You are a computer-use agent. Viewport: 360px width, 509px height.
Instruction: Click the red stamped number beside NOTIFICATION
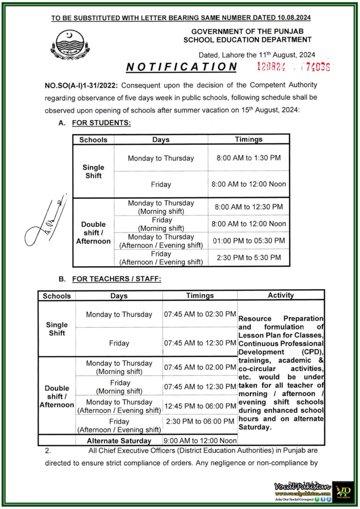tap(293, 67)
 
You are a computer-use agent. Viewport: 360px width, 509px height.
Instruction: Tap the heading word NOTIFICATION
tap(182, 67)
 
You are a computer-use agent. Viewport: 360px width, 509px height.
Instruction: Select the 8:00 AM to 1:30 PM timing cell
tap(248, 158)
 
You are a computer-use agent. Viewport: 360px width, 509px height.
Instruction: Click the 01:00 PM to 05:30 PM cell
tap(248, 241)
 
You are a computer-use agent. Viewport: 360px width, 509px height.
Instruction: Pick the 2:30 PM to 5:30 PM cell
tap(248, 257)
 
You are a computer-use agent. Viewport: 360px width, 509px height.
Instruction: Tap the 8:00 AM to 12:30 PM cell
tap(248, 207)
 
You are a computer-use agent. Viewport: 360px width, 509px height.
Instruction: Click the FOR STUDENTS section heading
tap(101, 123)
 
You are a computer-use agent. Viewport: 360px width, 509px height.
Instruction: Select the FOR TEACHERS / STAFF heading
tap(116, 279)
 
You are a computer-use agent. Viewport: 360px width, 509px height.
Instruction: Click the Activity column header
tap(280, 295)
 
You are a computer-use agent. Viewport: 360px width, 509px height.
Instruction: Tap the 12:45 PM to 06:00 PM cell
tap(200, 406)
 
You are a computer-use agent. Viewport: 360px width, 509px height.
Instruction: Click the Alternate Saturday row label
tap(119, 441)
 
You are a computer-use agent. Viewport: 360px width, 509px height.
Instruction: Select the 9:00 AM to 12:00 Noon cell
tap(200, 441)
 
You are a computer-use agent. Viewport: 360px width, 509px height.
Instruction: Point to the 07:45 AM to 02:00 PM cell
tap(200, 367)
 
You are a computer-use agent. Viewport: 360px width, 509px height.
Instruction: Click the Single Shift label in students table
tap(93, 171)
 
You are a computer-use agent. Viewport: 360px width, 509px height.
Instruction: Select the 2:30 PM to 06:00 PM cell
tap(200, 421)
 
